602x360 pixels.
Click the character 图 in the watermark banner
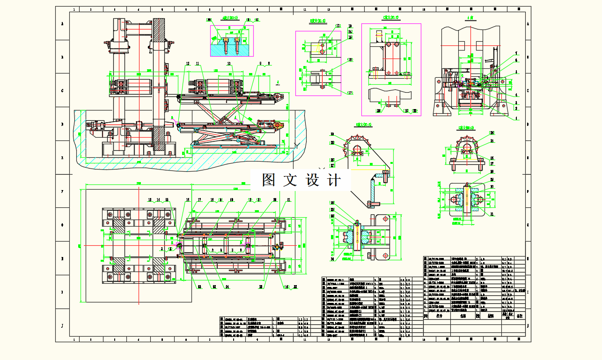coord(268,180)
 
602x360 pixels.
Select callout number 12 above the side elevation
coord(187,63)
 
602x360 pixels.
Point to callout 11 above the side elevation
coord(198,63)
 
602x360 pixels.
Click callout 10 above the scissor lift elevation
coord(229,63)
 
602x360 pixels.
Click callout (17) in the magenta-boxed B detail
coord(349,93)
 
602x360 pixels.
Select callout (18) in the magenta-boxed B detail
coord(349,60)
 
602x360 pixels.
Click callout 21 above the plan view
coord(288,200)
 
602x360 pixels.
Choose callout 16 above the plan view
coord(188,200)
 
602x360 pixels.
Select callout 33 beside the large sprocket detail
coord(332,133)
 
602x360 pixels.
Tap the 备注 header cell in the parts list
coord(519,316)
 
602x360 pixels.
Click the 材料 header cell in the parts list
coord(491,316)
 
